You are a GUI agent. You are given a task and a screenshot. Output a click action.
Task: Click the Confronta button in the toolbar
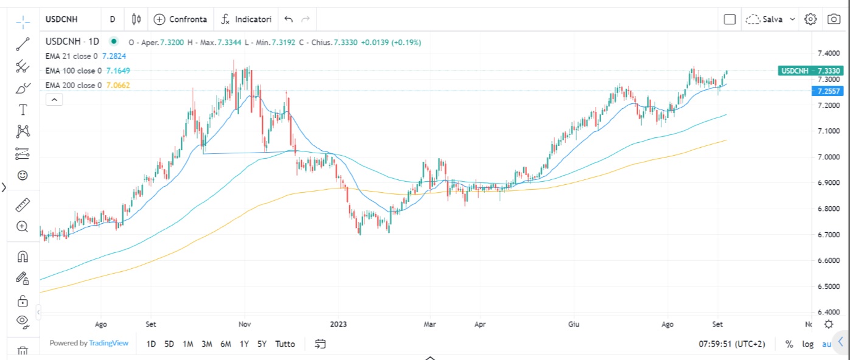click(x=181, y=19)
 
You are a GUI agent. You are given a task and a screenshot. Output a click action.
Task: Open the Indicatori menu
click(x=246, y=19)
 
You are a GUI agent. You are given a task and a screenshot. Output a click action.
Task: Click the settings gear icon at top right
click(x=810, y=19)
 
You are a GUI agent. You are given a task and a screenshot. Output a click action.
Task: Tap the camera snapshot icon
click(x=833, y=19)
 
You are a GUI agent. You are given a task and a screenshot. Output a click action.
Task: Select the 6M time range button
click(x=225, y=344)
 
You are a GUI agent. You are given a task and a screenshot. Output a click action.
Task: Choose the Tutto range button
click(x=285, y=344)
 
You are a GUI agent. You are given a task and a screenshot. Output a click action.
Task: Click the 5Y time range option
click(x=262, y=344)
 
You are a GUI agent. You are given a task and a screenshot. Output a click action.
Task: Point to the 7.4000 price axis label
click(x=829, y=54)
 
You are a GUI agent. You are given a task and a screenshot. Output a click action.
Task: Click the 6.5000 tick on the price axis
click(x=829, y=286)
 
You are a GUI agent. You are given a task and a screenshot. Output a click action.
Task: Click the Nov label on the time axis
click(x=245, y=325)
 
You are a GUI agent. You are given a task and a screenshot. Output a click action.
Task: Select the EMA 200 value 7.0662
click(x=117, y=86)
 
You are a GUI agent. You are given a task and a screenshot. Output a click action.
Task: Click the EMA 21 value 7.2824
click(x=114, y=56)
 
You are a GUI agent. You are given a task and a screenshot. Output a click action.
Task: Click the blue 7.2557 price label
click(x=828, y=91)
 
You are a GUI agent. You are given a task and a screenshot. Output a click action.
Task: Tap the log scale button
click(x=807, y=344)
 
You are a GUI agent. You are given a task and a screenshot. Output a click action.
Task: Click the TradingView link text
click(x=108, y=343)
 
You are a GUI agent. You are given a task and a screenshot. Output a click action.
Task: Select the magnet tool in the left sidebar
click(x=23, y=256)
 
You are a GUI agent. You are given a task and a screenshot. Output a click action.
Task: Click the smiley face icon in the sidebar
click(x=23, y=176)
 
